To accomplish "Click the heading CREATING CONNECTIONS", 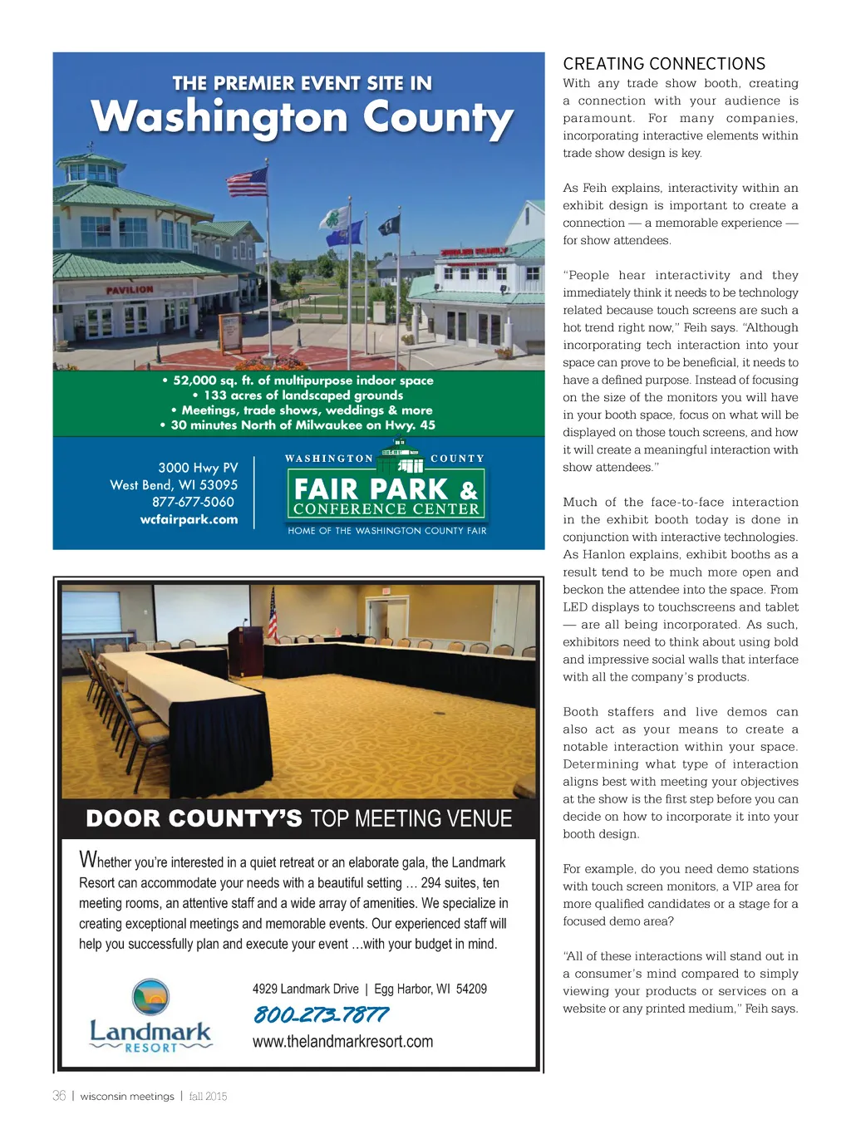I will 664,64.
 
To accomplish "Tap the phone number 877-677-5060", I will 193,502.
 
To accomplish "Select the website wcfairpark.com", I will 189,519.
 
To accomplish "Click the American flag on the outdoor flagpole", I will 248,181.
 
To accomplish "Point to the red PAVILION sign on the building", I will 129,289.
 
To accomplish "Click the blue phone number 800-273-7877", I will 320,1014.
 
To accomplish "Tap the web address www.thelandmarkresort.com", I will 342,1041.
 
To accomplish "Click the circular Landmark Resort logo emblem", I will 150,997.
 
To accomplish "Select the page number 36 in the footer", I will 59,1096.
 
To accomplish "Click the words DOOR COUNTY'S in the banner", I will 194,819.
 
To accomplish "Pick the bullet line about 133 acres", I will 298,395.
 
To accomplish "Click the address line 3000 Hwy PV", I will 198,468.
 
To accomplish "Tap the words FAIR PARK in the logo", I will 371,488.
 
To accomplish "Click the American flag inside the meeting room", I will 273,615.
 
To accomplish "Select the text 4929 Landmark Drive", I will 305,989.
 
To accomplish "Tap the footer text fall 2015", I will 208,1096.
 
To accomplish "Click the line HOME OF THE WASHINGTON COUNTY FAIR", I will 387,531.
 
